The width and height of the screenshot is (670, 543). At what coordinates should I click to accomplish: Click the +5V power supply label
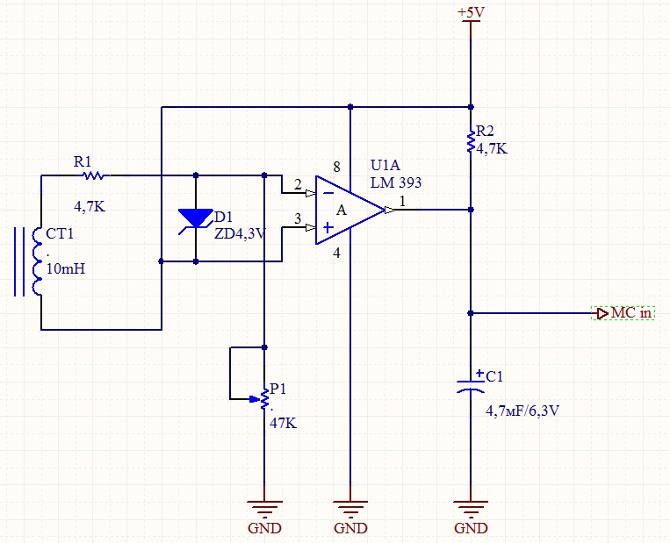coord(471,12)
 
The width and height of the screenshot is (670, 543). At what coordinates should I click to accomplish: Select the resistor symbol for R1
coord(93,175)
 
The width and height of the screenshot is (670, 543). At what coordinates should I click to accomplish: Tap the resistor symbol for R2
coord(471,142)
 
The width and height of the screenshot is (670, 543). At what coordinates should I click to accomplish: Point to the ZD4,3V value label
coord(240,234)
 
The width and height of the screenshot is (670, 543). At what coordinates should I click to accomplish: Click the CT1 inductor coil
coord(38,261)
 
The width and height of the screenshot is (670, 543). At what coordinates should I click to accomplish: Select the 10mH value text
coord(66,269)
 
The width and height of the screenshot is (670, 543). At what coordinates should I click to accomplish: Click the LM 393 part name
coord(396,182)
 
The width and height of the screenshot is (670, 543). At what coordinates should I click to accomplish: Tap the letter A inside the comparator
coord(341,210)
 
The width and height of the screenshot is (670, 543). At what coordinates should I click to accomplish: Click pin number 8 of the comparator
coord(336,167)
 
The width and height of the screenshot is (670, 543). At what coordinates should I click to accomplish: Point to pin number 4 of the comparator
coord(336,254)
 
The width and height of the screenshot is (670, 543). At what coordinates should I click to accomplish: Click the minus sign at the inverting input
coord(328,193)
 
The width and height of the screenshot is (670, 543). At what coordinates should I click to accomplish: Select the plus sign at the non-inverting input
coord(328,227)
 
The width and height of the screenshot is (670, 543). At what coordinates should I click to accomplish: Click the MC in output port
coord(623,313)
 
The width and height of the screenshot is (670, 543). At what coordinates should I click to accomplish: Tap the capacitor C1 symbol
coord(471,385)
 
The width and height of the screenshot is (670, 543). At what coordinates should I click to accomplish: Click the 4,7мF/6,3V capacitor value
coord(522,411)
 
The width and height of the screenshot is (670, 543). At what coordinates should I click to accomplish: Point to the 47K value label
coord(283,423)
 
